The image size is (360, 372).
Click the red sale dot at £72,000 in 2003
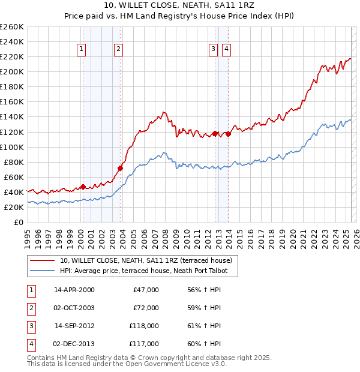pyautogui.click(x=120, y=168)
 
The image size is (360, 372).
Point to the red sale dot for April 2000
pyautogui.click(x=83, y=187)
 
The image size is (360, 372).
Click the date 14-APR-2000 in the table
pyautogui.click(x=74, y=290)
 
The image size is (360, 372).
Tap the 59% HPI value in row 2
pyautogui.click(x=204, y=308)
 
